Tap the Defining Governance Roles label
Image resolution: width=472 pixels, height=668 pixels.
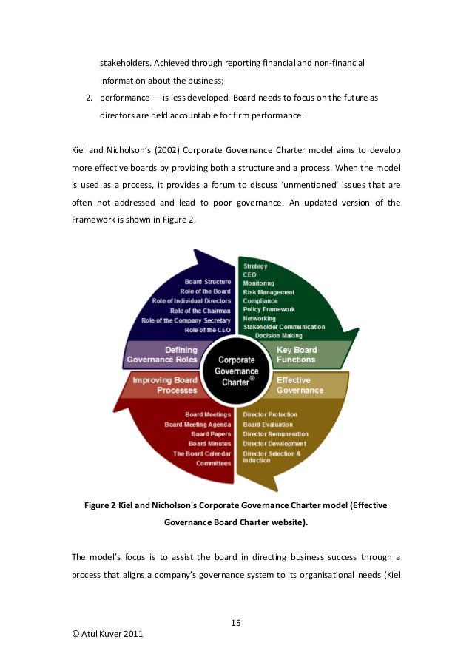point(171,355)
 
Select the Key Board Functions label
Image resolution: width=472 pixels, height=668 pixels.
point(296,355)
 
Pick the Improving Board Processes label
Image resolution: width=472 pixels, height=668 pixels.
point(165,385)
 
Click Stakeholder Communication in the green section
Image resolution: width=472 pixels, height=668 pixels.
point(284,326)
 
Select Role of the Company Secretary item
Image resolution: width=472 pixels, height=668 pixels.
point(186,320)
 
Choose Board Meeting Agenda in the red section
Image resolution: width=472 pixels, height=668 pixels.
point(198,425)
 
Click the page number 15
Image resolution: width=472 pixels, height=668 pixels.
point(236,621)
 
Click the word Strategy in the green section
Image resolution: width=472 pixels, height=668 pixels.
point(255,266)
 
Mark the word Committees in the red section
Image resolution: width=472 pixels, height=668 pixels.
point(214,463)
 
